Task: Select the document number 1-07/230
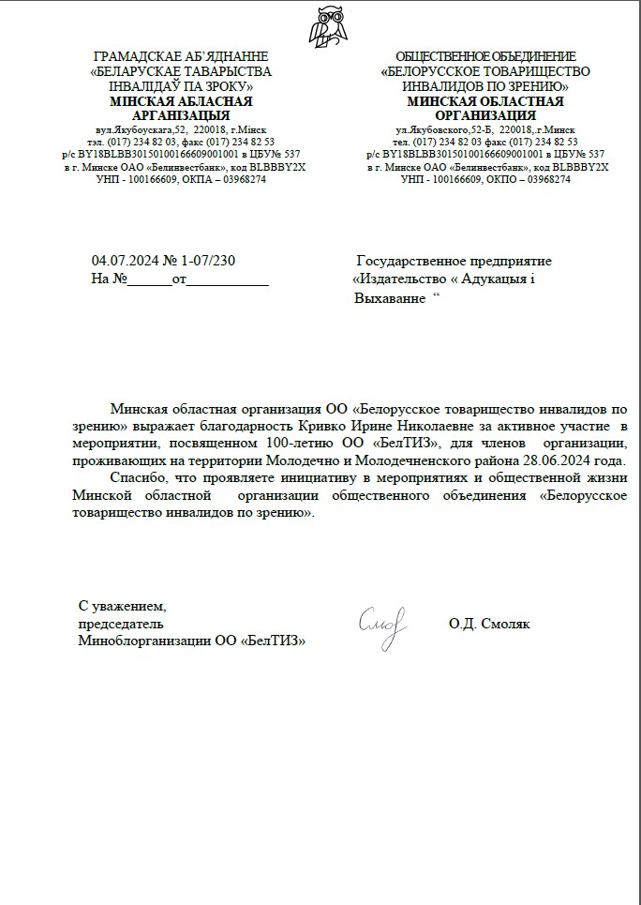click(216, 261)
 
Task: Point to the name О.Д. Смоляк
click(489, 624)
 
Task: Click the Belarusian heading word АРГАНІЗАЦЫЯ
click(181, 115)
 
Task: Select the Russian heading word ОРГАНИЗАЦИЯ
click(485, 115)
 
